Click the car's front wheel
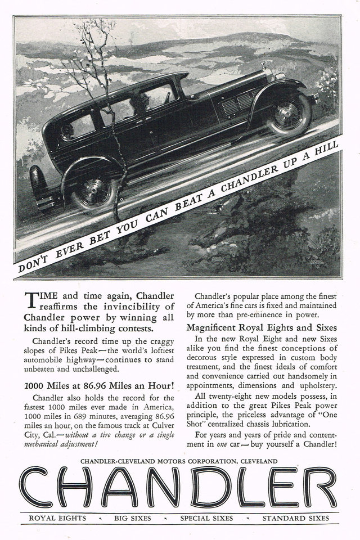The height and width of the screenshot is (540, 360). [x=289, y=114]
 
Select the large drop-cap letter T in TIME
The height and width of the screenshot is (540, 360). [x=32, y=300]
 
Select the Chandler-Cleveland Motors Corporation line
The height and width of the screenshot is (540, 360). [x=179, y=461]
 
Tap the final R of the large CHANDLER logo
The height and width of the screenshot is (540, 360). [x=321, y=487]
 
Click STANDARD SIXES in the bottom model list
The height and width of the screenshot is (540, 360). [x=296, y=517]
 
